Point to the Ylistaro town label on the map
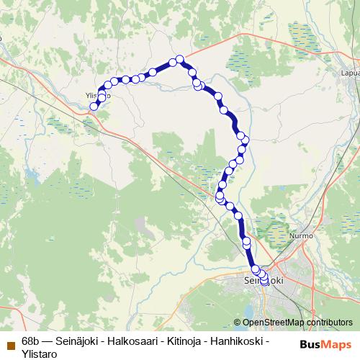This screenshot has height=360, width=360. pos(96,94)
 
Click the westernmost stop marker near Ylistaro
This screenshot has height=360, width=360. pos(93,107)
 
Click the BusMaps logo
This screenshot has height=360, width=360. pos(320,345)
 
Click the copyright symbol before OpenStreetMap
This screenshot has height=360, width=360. pos(238,323)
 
